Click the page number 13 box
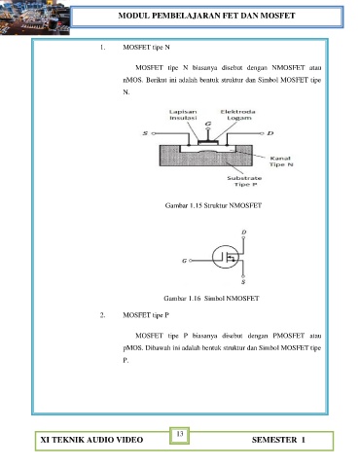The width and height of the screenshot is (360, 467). [x=179, y=435]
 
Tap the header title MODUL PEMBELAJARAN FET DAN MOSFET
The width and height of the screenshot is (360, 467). [x=206, y=16]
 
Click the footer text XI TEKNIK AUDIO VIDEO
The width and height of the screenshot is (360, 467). [x=91, y=440]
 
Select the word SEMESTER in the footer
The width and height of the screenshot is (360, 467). [x=274, y=440]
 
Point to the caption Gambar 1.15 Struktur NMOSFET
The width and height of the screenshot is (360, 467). [x=213, y=205]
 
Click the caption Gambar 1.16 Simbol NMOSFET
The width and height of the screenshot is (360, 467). [x=211, y=298]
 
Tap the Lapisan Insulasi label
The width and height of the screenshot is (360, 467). [x=183, y=115]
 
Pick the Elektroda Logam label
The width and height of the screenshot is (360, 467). [x=238, y=115]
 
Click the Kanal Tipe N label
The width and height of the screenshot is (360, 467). [x=281, y=162]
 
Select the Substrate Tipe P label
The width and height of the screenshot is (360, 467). [x=244, y=181]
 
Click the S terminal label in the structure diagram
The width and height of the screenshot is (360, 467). [x=145, y=133]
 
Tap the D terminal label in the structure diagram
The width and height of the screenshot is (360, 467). [x=270, y=133]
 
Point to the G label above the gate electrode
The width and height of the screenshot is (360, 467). [x=208, y=124]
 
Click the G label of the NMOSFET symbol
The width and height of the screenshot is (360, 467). [x=184, y=261]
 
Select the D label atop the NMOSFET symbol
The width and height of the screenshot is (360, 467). [x=244, y=232]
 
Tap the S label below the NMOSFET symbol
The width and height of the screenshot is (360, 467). [x=243, y=282]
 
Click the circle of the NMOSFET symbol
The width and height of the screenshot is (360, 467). [x=213, y=257]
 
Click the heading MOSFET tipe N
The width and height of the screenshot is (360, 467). [x=146, y=48]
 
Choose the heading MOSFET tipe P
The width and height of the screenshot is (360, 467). [x=146, y=315]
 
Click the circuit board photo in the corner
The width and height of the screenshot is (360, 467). [x=35, y=18]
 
